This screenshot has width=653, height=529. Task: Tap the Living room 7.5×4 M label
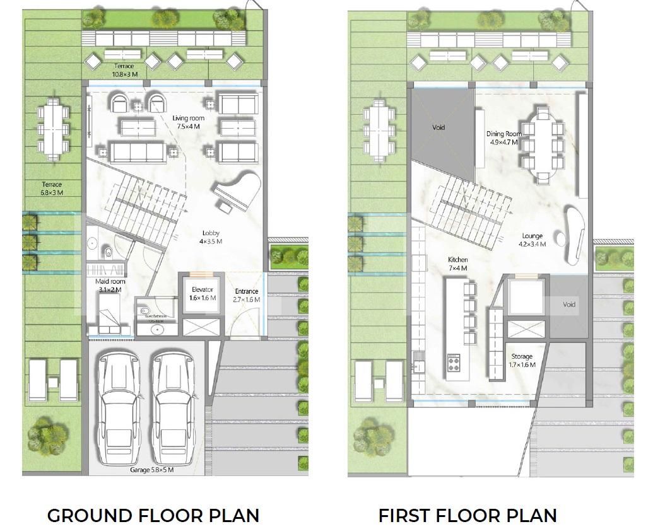[188, 122]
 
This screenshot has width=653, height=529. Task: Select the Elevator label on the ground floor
[203, 294]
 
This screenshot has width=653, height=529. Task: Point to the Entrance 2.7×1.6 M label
[247, 295]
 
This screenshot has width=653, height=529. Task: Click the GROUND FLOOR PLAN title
[153, 514]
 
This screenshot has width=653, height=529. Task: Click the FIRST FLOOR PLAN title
[468, 514]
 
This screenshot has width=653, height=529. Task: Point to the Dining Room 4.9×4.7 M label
[503, 137]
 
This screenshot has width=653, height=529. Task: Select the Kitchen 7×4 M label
[457, 264]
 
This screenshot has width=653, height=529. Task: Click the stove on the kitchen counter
[454, 363]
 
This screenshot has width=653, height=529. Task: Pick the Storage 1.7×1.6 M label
[522, 361]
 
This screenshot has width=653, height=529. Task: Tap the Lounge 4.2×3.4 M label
[532, 240]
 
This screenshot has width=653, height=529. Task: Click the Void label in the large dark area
[438, 127]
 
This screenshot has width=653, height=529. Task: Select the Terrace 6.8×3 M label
[52, 189]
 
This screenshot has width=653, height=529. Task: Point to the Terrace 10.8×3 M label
[124, 70]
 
